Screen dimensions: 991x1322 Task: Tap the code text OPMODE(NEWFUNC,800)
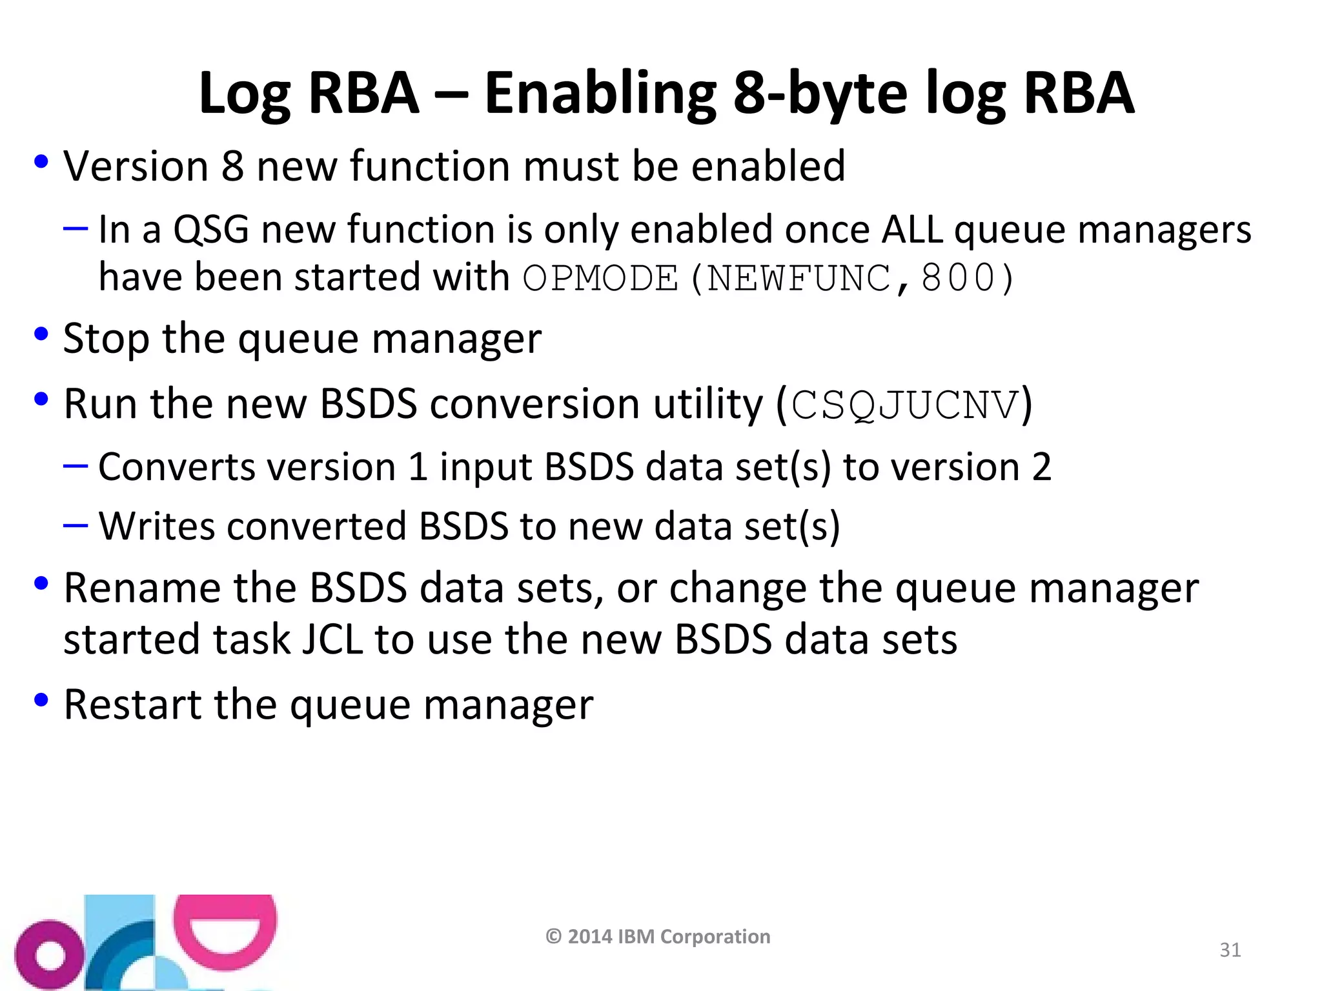pos(768,279)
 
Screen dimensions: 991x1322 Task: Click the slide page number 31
pos(1230,950)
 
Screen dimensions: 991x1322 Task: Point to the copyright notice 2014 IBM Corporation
pos(658,936)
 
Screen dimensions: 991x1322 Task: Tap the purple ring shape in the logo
pos(49,956)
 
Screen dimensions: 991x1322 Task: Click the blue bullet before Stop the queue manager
pos(41,335)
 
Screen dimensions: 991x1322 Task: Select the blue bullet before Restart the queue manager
pos(41,700)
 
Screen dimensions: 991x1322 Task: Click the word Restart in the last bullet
pos(133,705)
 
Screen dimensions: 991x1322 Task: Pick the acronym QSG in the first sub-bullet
pos(210,230)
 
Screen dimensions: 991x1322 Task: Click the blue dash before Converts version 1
pos(76,465)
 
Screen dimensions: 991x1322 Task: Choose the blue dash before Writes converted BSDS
pos(76,525)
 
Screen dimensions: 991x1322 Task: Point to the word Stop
pos(107,339)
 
